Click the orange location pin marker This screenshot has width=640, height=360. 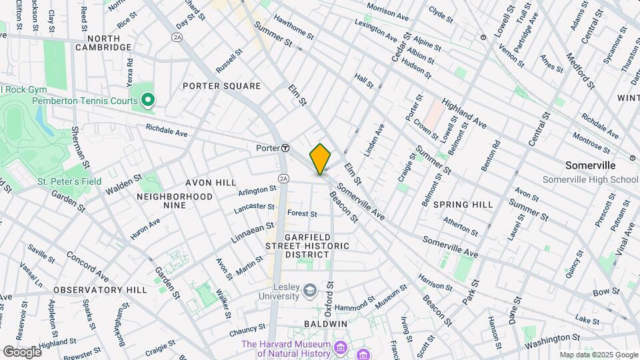(321, 159)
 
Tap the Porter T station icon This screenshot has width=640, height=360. (285, 147)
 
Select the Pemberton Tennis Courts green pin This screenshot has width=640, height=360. (148, 101)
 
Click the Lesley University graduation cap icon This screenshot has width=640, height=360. (309, 290)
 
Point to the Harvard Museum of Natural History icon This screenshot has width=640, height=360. (340, 348)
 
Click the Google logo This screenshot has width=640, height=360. (22, 351)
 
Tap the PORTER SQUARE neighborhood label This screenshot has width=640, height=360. (221, 86)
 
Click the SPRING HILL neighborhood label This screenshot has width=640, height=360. (463, 204)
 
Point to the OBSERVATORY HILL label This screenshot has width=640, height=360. (100, 290)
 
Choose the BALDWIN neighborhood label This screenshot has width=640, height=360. (326, 323)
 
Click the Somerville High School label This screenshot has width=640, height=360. (590, 179)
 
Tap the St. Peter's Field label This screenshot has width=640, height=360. (69, 181)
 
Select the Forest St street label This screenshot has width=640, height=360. (301, 213)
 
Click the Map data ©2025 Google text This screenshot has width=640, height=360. (597, 355)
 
